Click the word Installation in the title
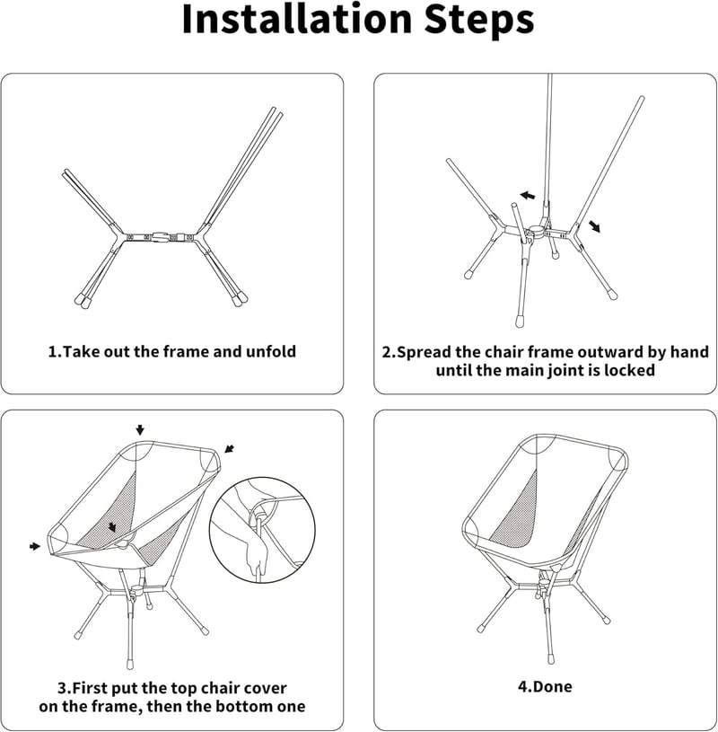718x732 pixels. click(x=298, y=19)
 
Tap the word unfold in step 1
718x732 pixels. click(x=270, y=351)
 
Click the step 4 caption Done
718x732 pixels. click(x=545, y=686)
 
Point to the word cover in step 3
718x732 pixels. click(x=265, y=688)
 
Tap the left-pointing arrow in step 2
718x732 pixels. click(x=528, y=195)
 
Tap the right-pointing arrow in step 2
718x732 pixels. click(x=594, y=226)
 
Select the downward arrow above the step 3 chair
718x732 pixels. click(x=140, y=430)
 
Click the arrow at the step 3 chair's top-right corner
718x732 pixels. click(x=229, y=448)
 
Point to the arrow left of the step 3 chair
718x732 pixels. click(x=35, y=546)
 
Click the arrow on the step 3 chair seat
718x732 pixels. click(x=112, y=527)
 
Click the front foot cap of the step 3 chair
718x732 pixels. click(x=130, y=664)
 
